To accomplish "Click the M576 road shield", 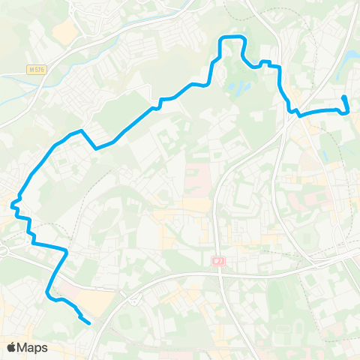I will click(x=36, y=70).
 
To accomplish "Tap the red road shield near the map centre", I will click(x=218, y=261).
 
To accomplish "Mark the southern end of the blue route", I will click(x=89, y=323).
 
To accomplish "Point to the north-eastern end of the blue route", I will click(x=343, y=98).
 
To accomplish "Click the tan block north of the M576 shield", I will click(x=64, y=30).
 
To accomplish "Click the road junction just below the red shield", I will click(x=222, y=274).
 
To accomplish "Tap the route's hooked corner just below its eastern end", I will click(x=348, y=112).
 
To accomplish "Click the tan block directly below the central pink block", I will click(x=196, y=204).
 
